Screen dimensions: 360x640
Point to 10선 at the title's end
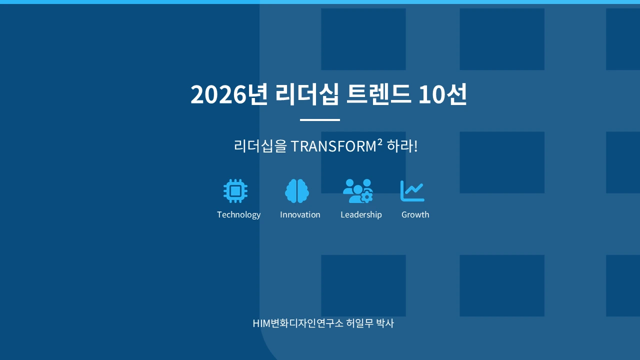point(442,94)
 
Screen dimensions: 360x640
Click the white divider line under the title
point(320,120)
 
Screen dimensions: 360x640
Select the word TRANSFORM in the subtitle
point(333,146)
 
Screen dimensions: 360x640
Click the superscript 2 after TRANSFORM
point(379,142)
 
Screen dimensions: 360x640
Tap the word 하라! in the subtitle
point(402,146)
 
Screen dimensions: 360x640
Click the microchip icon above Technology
point(235,191)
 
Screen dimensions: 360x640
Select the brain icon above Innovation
point(297,191)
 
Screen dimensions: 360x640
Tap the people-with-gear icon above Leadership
point(358,191)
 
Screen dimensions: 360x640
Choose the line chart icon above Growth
point(412,191)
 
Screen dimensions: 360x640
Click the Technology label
point(238,214)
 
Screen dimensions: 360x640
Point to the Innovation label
point(300,214)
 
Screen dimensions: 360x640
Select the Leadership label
point(361,214)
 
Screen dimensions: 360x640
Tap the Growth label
point(415,214)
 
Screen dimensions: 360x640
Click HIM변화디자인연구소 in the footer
point(298,323)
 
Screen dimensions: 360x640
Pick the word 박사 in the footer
point(385,323)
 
